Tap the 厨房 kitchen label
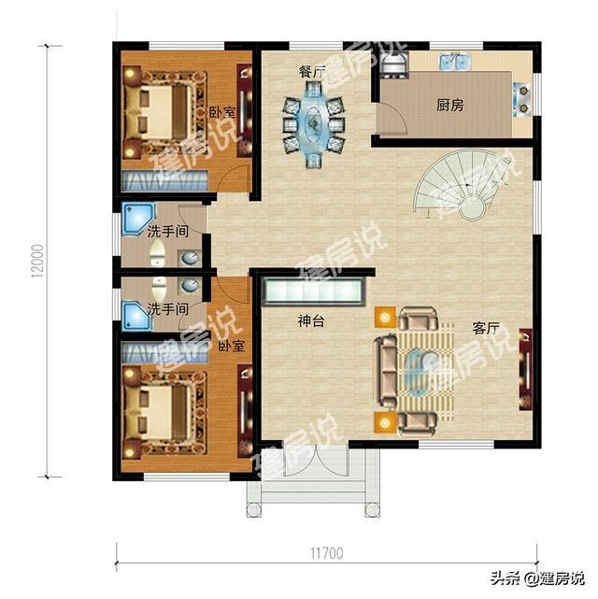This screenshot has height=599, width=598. (x=449, y=106)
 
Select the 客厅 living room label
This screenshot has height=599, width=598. (x=486, y=329)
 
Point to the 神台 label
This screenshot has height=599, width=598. (x=310, y=321)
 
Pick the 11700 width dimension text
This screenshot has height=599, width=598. (x=324, y=553)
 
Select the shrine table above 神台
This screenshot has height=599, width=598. (x=313, y=292)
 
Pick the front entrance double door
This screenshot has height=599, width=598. (x=316, y=464)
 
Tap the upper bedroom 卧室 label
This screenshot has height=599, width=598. (x=222, y=112)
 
